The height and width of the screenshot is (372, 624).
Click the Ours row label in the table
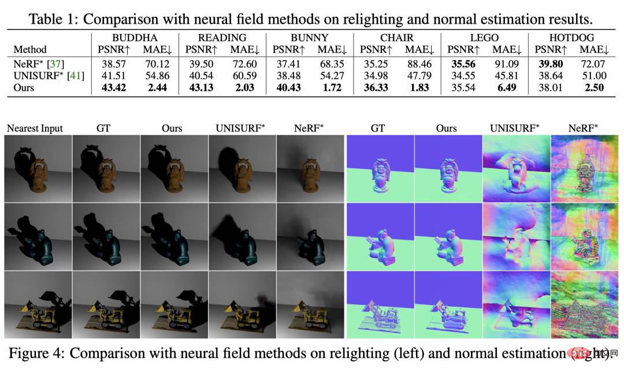(24, 88)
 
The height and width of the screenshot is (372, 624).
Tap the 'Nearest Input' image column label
(35, 128)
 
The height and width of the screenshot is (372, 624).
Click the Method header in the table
(29, 50)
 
